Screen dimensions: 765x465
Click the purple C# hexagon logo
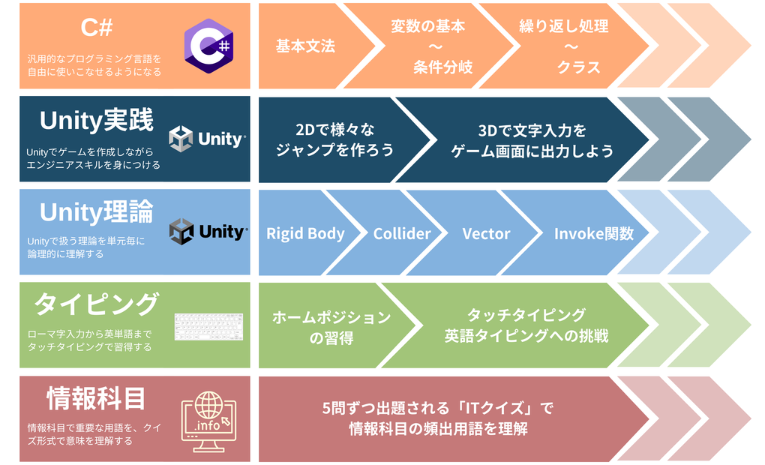pyautogui.click(x=208, y=46)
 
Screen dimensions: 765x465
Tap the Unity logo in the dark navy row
pyautogui.click(x=207, y=139)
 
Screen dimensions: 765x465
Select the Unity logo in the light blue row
pyautogui.click(x=208, y=231)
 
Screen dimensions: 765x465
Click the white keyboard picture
pyautogui.click(x=208, y=326)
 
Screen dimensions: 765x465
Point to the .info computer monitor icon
pyautogui.click(x=208, y=421)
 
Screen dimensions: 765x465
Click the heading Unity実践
pyautogui.click(x=97, y=121)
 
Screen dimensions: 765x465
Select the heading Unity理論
pyautogui.click(x=97, y=213)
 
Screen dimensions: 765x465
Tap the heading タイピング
pyautogui.click(x=97, y=304)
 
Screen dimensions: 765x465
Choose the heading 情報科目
pyautogui.click(x=96, y=399)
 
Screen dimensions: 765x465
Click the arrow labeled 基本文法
pyautogui.click(x=305, y=46)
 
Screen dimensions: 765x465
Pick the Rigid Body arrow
pyautogui.click(x=305, y=233)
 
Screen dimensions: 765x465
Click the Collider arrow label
pyautogui.click(x=402, y=234)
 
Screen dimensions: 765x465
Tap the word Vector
pyautogui.click(x=487, y=234)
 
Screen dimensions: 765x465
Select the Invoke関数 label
pyautogui.click(x=594, y=234)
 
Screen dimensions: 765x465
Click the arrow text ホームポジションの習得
pyautogui.click(x=331, y=328)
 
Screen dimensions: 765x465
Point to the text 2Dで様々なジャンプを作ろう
pyautogui.click(x=334, y=139)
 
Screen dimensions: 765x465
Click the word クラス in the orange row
pyautogui.click(x=579, y=67)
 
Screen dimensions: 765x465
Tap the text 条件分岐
pyautogui.click(x=443, y=67)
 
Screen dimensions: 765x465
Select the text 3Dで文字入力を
pyautogui.click(x=532, y=130)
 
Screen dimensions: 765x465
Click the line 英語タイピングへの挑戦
pyautogui.click(x=526, y=336)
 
